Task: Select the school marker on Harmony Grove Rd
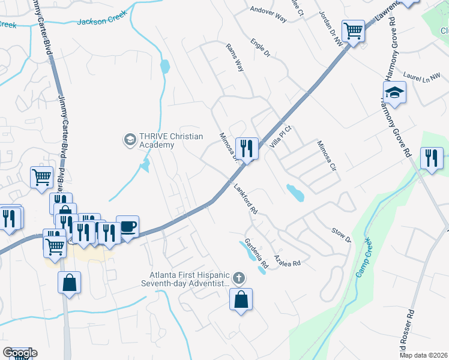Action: (394, 93)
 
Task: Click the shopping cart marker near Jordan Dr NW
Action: (354, 31)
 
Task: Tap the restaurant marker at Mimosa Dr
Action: (247, 147)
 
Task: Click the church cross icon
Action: (239, 278)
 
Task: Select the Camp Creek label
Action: (364, 257)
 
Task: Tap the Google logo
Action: (19, 353)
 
